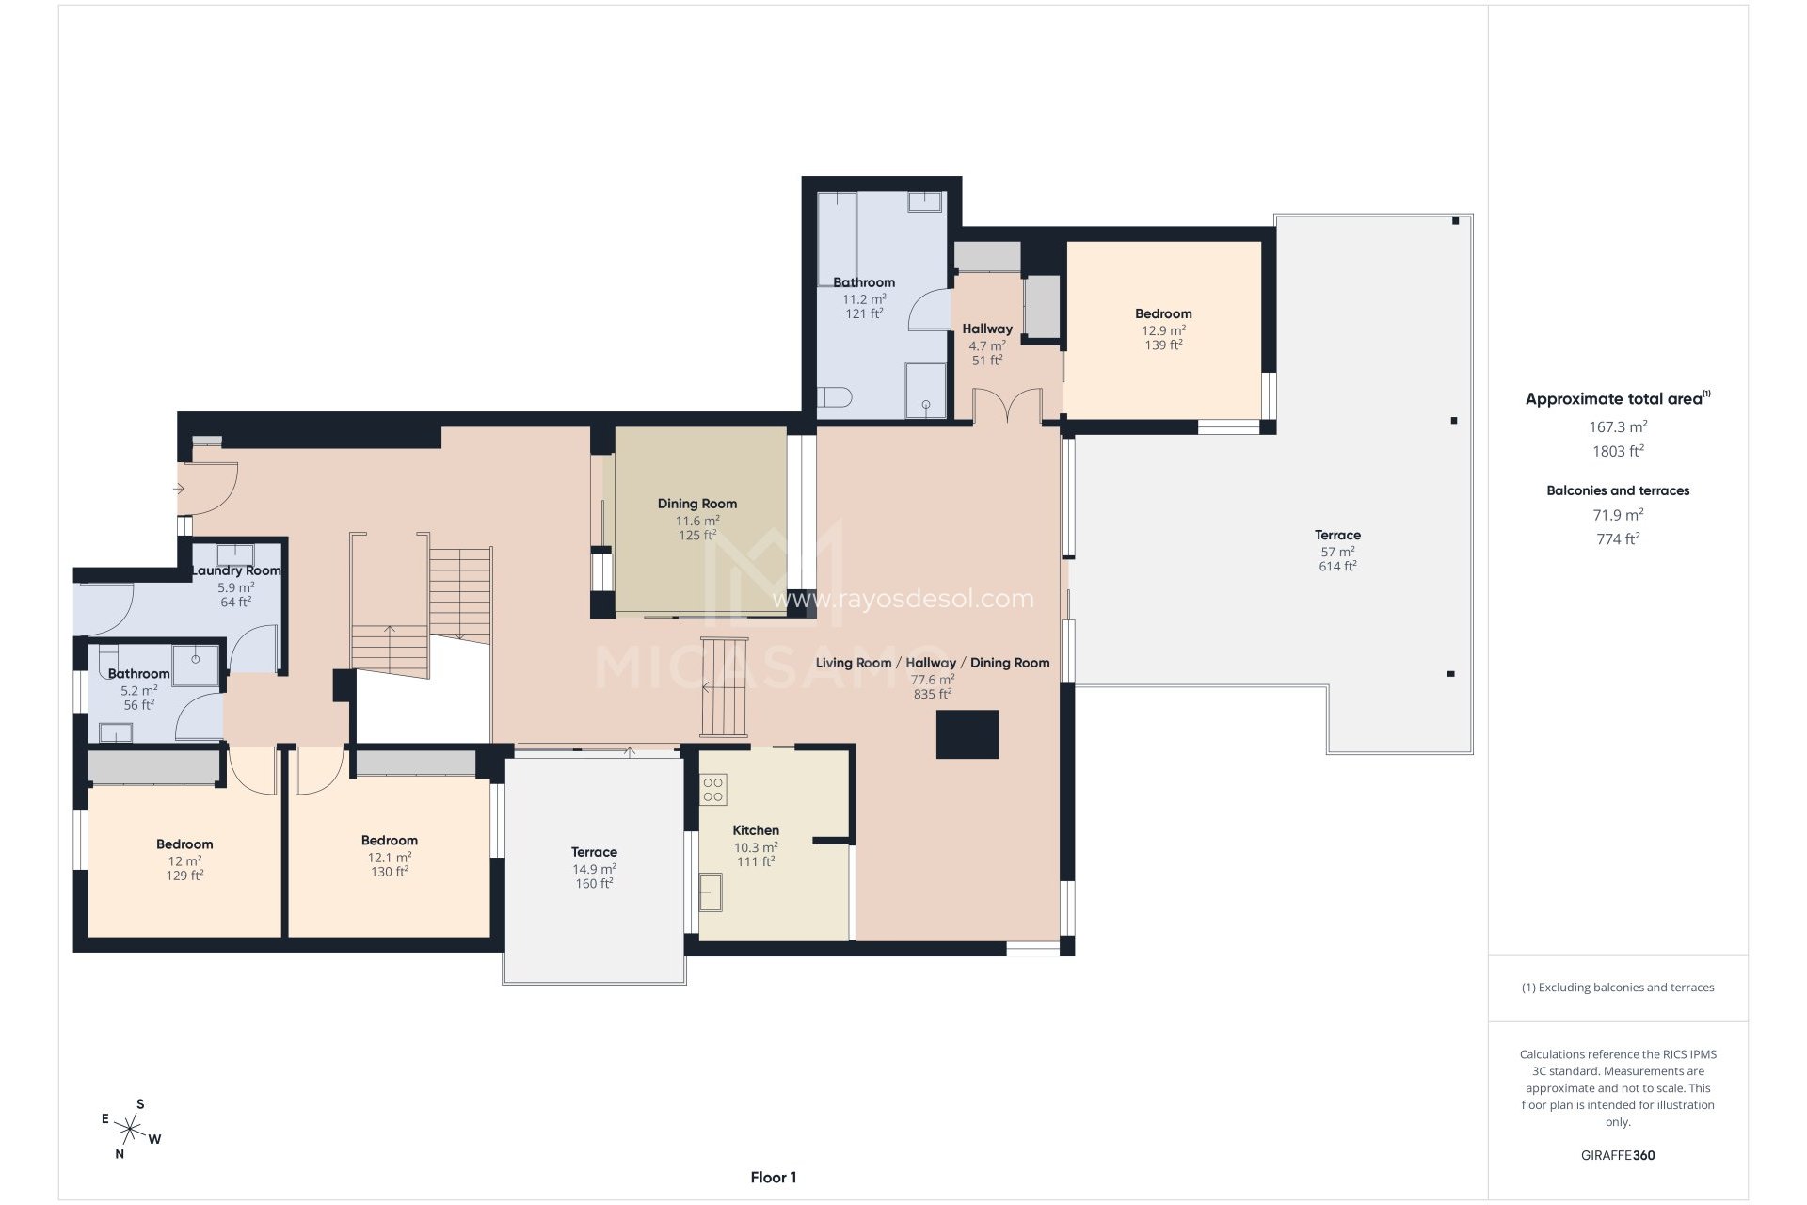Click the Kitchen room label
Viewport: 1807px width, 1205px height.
coord(756,830)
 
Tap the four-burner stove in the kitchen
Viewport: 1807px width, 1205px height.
coord(713,789)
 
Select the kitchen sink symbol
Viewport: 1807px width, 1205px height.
coord(711,892)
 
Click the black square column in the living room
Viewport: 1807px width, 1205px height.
coord(967,734)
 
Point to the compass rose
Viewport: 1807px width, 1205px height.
coord(131,1127)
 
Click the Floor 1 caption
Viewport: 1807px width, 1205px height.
coord(773,1177)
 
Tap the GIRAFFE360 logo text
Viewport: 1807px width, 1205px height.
coord(1617,1155)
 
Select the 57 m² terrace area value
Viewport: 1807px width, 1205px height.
coord(1336,552)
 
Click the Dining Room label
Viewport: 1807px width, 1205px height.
coord(696,504)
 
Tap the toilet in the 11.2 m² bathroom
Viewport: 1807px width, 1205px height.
coord(834,396)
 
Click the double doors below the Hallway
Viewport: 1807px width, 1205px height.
coord(1007,408)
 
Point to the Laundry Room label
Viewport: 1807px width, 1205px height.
coord(235,570)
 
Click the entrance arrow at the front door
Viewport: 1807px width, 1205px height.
coord(179,489)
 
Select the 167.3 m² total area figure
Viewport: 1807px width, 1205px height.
coord(1617,426)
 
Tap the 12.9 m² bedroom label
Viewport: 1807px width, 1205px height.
coord(1162,313)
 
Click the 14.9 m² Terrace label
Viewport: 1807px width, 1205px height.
coord(594,852)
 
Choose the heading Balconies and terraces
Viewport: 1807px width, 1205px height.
coord(1617,490)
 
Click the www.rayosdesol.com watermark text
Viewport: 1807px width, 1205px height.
coord(902,599)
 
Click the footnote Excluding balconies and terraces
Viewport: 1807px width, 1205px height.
coord(1617,988)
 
